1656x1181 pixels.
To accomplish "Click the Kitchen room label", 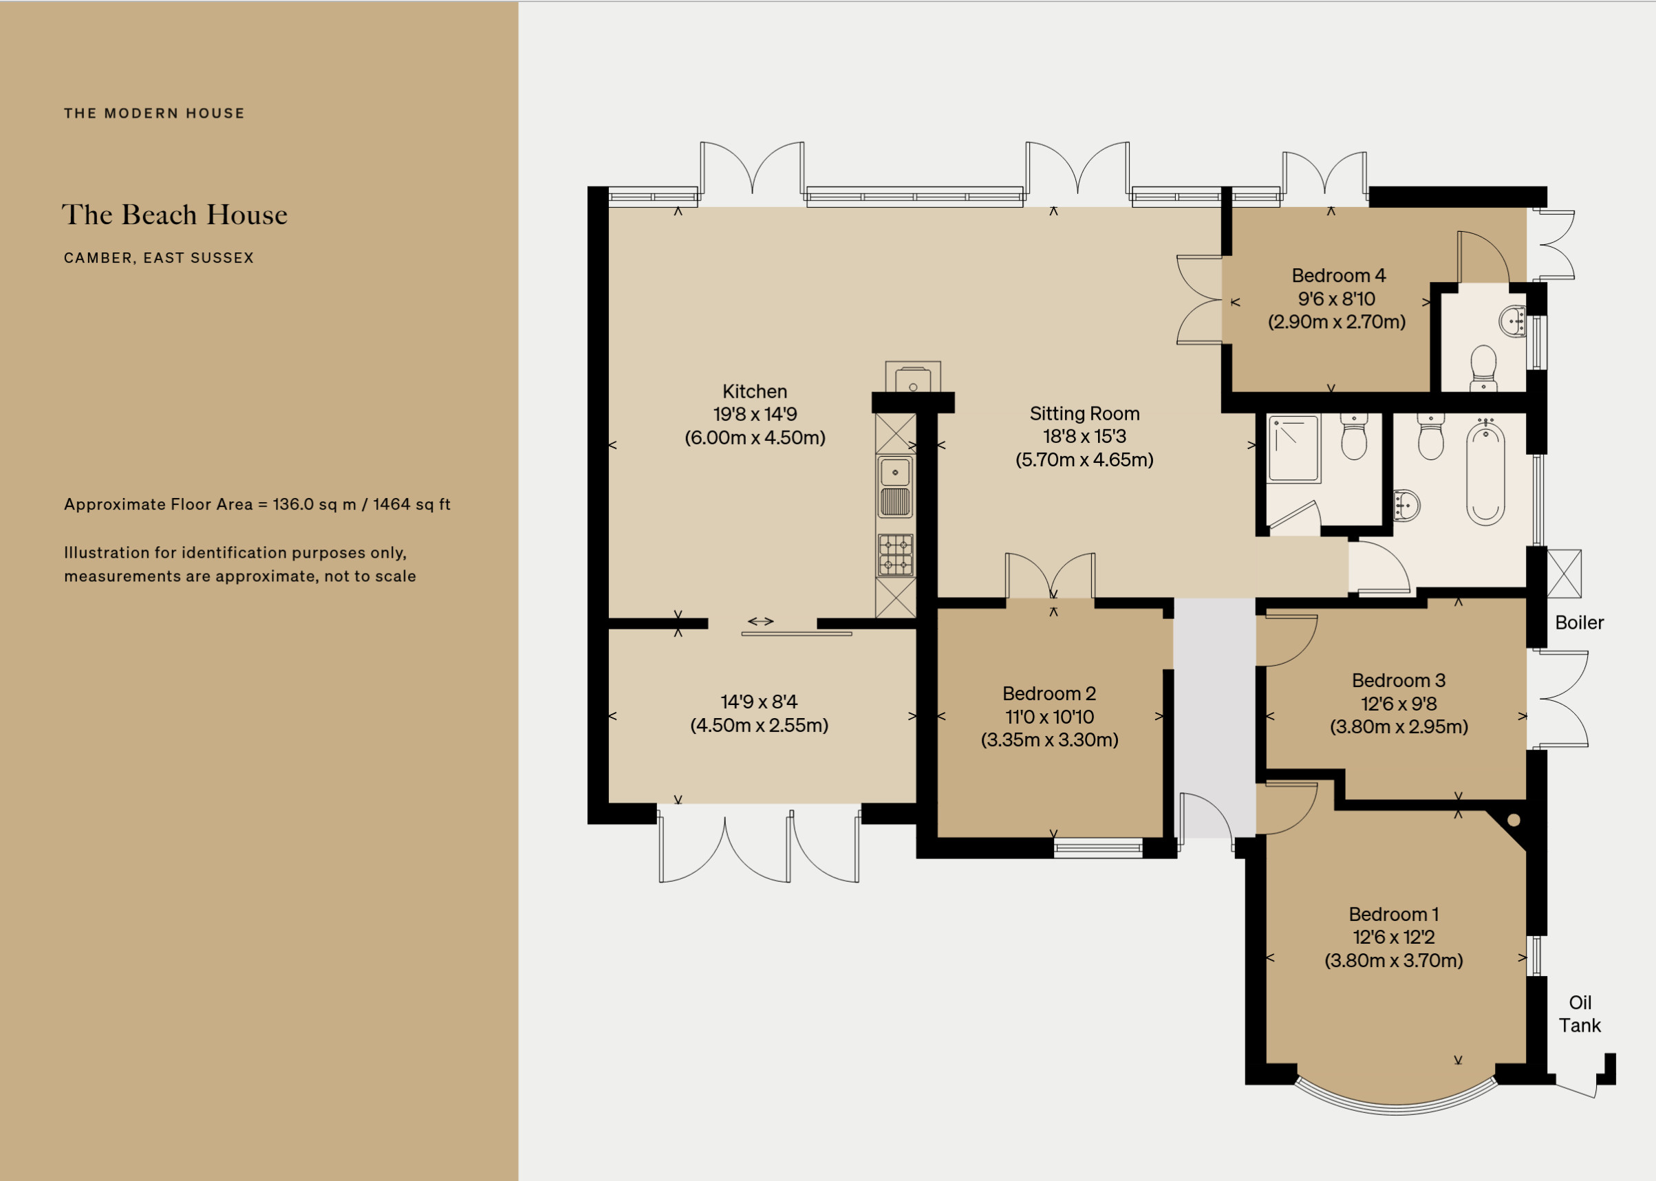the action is click(x=755, y=391).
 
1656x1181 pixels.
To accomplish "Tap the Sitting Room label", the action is click(x=1084, y=414).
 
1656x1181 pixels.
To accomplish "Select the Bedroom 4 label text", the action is click(x=1338, y=276).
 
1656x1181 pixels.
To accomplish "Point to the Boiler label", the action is click(x=1579, y=622).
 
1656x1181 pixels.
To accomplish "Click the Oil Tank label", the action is click(x=1580, y=1014).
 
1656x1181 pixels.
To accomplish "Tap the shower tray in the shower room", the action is click(x=1294, y=448).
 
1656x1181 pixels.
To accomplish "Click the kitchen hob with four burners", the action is click(x=895, y=555).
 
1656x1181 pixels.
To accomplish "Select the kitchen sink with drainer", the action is click(x=895, y=486).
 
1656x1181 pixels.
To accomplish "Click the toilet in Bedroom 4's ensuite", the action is click(x=1483, y=367).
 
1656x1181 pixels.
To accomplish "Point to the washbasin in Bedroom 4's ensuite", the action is click(x=1514, y=321).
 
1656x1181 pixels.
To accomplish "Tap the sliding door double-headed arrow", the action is click(x=761, y=621).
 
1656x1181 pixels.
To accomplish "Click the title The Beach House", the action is click(x=175, y=215).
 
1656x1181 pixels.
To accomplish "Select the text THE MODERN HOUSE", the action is click(x=154, y=113).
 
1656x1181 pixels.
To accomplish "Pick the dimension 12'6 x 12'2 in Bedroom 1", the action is click(x=1393, y=937).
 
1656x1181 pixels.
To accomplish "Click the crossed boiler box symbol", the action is click(x=1564, y=574).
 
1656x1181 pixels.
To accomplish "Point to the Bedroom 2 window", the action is click(x=1098, y=848).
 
